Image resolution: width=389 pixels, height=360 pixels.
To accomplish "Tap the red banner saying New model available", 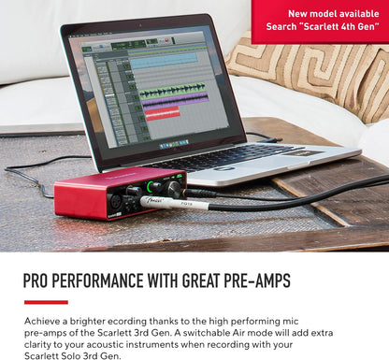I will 321,21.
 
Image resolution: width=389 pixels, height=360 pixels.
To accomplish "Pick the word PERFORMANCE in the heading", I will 107,281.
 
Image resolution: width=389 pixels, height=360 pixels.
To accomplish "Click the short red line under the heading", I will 46,302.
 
